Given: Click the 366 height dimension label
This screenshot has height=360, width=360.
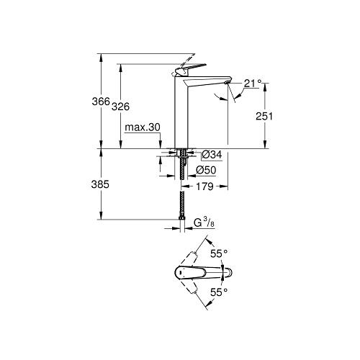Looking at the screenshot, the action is (x=101, y=102).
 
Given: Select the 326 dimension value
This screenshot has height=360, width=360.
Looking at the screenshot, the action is (x=121, y=107).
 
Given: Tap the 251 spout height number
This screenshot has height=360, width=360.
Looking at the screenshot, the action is (x=264, y=117).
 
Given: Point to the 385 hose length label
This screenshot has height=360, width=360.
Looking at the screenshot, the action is (x=100, y=184).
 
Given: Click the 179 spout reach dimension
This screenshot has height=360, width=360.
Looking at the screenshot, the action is (x=204, y=186).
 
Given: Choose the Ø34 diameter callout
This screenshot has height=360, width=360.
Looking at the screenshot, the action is (x=212, y=155).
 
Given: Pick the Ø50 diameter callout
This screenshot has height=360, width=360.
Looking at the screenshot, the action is (x=206, y=170).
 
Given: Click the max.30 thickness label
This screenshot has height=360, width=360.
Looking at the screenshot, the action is (x=143, y=127).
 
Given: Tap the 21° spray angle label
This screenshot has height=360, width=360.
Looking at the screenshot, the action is (x=253, y=83).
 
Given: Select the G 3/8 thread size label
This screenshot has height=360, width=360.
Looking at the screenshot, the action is (x=204, y=222).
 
